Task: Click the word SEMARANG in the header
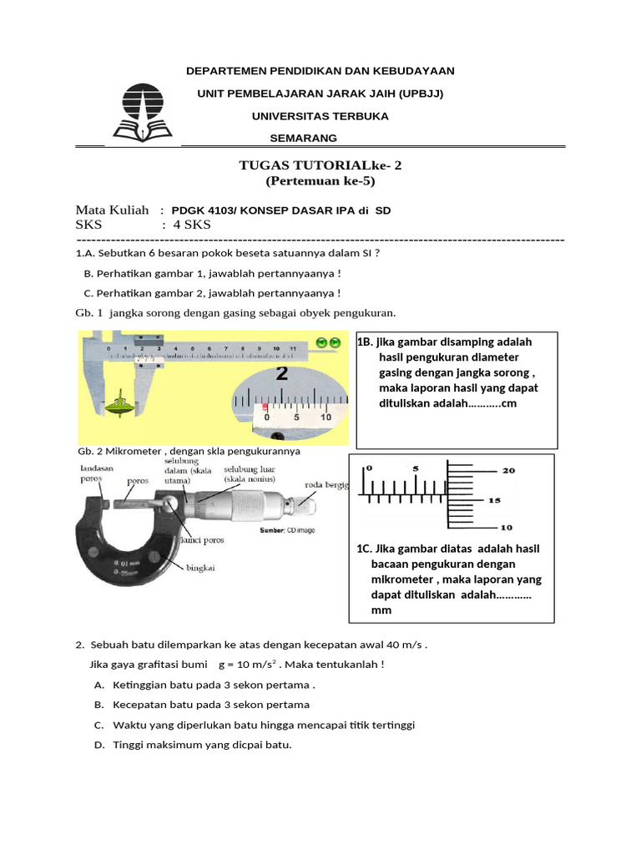point(304,138)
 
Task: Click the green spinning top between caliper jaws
point(124,402)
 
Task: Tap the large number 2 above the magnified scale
point(282,373)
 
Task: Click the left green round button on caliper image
point(321,342)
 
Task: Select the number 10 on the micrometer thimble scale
point(507,528)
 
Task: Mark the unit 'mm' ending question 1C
point(381,610)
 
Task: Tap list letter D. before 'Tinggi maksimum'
point(99,745)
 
